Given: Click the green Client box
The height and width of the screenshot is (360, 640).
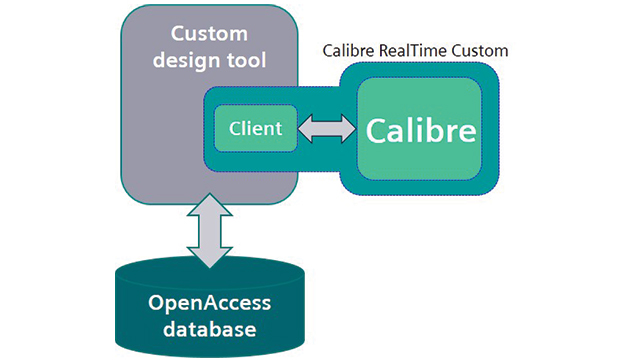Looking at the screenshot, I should [x=255, y=128].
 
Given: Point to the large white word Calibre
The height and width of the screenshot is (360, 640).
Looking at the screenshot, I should [x=420, y=129].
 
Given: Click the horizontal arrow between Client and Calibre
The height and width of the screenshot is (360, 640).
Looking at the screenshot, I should [x=328, y=128].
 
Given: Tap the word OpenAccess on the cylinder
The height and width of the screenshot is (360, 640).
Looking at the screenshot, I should [x=210, y=302].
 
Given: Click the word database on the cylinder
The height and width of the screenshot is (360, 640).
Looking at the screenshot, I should [x=210, y=328].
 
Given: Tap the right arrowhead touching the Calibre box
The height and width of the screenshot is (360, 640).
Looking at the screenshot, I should [x=349, y=128].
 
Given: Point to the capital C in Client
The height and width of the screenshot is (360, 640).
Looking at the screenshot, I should [x=234, y=128].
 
